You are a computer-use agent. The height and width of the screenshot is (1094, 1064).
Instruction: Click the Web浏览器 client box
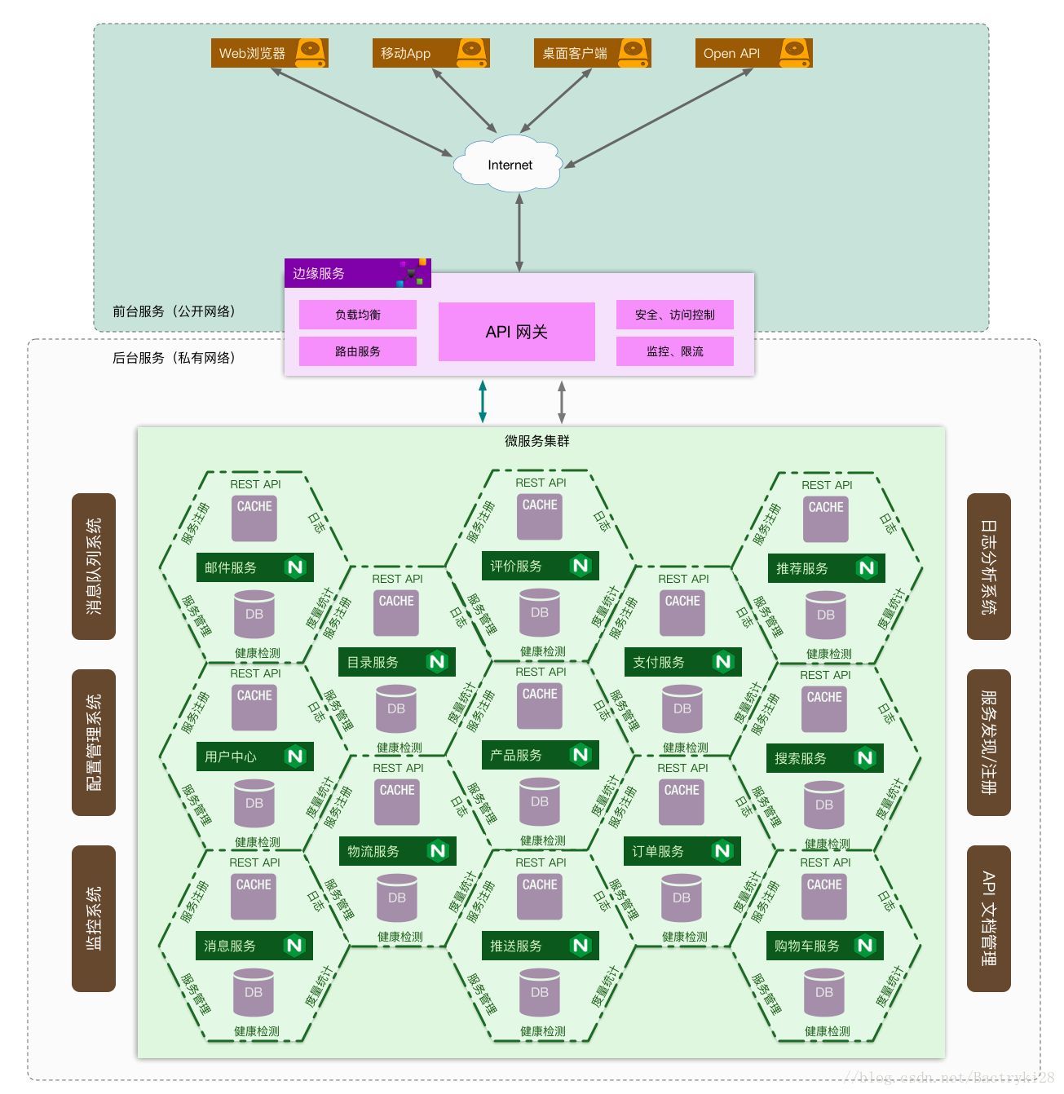(269, 53)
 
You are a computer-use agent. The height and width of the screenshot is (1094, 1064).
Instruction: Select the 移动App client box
(430, 53)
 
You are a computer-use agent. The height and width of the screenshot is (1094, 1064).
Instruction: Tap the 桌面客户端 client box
(592, 53)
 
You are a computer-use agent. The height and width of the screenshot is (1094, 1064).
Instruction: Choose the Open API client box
(753, 53)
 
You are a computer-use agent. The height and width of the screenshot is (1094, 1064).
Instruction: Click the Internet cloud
(509, 165)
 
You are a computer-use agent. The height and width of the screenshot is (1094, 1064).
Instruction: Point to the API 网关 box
(517, 332)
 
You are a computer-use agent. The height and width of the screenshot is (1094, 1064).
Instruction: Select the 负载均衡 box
(358, 315)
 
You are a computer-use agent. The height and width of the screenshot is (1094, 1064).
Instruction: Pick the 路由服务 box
(358, 351)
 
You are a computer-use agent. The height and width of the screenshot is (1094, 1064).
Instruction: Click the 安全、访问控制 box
(674, 315)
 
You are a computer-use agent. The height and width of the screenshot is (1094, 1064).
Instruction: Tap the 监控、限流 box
(674, 351)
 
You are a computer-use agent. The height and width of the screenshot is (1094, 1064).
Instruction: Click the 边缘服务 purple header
(357, 273)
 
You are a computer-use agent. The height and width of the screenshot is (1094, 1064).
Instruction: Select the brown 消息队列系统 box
(94, 566)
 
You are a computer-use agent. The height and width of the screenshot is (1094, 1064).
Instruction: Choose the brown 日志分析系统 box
(988, 566)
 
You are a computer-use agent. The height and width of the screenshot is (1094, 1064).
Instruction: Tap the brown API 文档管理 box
(988, 918)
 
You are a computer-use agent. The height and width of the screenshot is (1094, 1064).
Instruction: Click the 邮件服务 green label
(255, 567)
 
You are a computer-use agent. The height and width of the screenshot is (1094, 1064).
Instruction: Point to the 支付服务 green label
(682, 662)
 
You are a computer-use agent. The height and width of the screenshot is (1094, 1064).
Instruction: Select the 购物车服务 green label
(825, 946)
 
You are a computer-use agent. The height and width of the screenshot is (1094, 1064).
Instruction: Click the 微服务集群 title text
(537, 441)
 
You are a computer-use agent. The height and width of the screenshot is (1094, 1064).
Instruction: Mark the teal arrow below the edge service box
(483, 401)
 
